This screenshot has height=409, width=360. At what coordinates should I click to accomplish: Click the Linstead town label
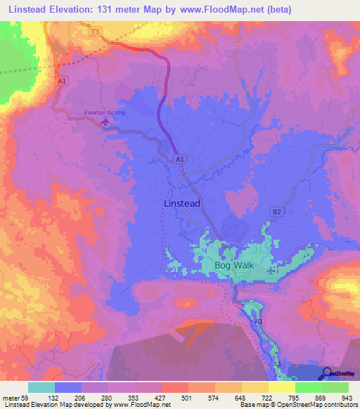point(181,203)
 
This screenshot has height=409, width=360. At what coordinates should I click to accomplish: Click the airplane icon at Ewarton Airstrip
point(105,122)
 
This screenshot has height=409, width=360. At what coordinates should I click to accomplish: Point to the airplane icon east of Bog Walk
point(273,270)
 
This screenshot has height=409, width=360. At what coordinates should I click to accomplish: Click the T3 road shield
point(96,32)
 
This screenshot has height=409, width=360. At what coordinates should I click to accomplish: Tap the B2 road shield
point(276,211)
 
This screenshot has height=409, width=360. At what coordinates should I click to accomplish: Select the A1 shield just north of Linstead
point(180,160)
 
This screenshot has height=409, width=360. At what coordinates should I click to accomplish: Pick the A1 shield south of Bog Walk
point(258,321)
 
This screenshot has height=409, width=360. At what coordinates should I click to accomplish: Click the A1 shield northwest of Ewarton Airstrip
point(63,82)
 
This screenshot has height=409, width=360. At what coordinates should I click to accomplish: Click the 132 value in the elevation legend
point(55,398)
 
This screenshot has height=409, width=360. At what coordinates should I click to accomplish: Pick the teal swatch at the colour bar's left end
point(41,387)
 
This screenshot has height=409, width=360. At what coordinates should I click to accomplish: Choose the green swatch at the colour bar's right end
point(335,387)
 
